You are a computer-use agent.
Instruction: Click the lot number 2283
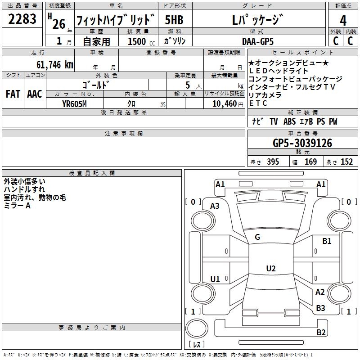pos(22,20)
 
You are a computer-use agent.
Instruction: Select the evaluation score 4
pos(343,20)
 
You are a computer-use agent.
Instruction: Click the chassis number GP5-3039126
pos(302,143)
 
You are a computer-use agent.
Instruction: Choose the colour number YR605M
pos(74,103)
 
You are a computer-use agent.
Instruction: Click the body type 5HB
pos(174,20)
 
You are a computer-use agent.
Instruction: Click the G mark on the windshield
pos(257,237)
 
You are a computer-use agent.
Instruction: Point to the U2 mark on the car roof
pos(270,269)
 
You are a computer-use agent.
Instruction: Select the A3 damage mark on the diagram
pos(215,206)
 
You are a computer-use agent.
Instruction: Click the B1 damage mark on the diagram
pos(327,241)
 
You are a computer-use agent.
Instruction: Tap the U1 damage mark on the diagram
pos(215,279)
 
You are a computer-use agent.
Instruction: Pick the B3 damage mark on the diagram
pos(320,308)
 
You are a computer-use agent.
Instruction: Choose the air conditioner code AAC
pos(34,94)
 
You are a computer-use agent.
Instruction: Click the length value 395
pos(271,162)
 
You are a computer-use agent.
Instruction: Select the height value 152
pos(346,162)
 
